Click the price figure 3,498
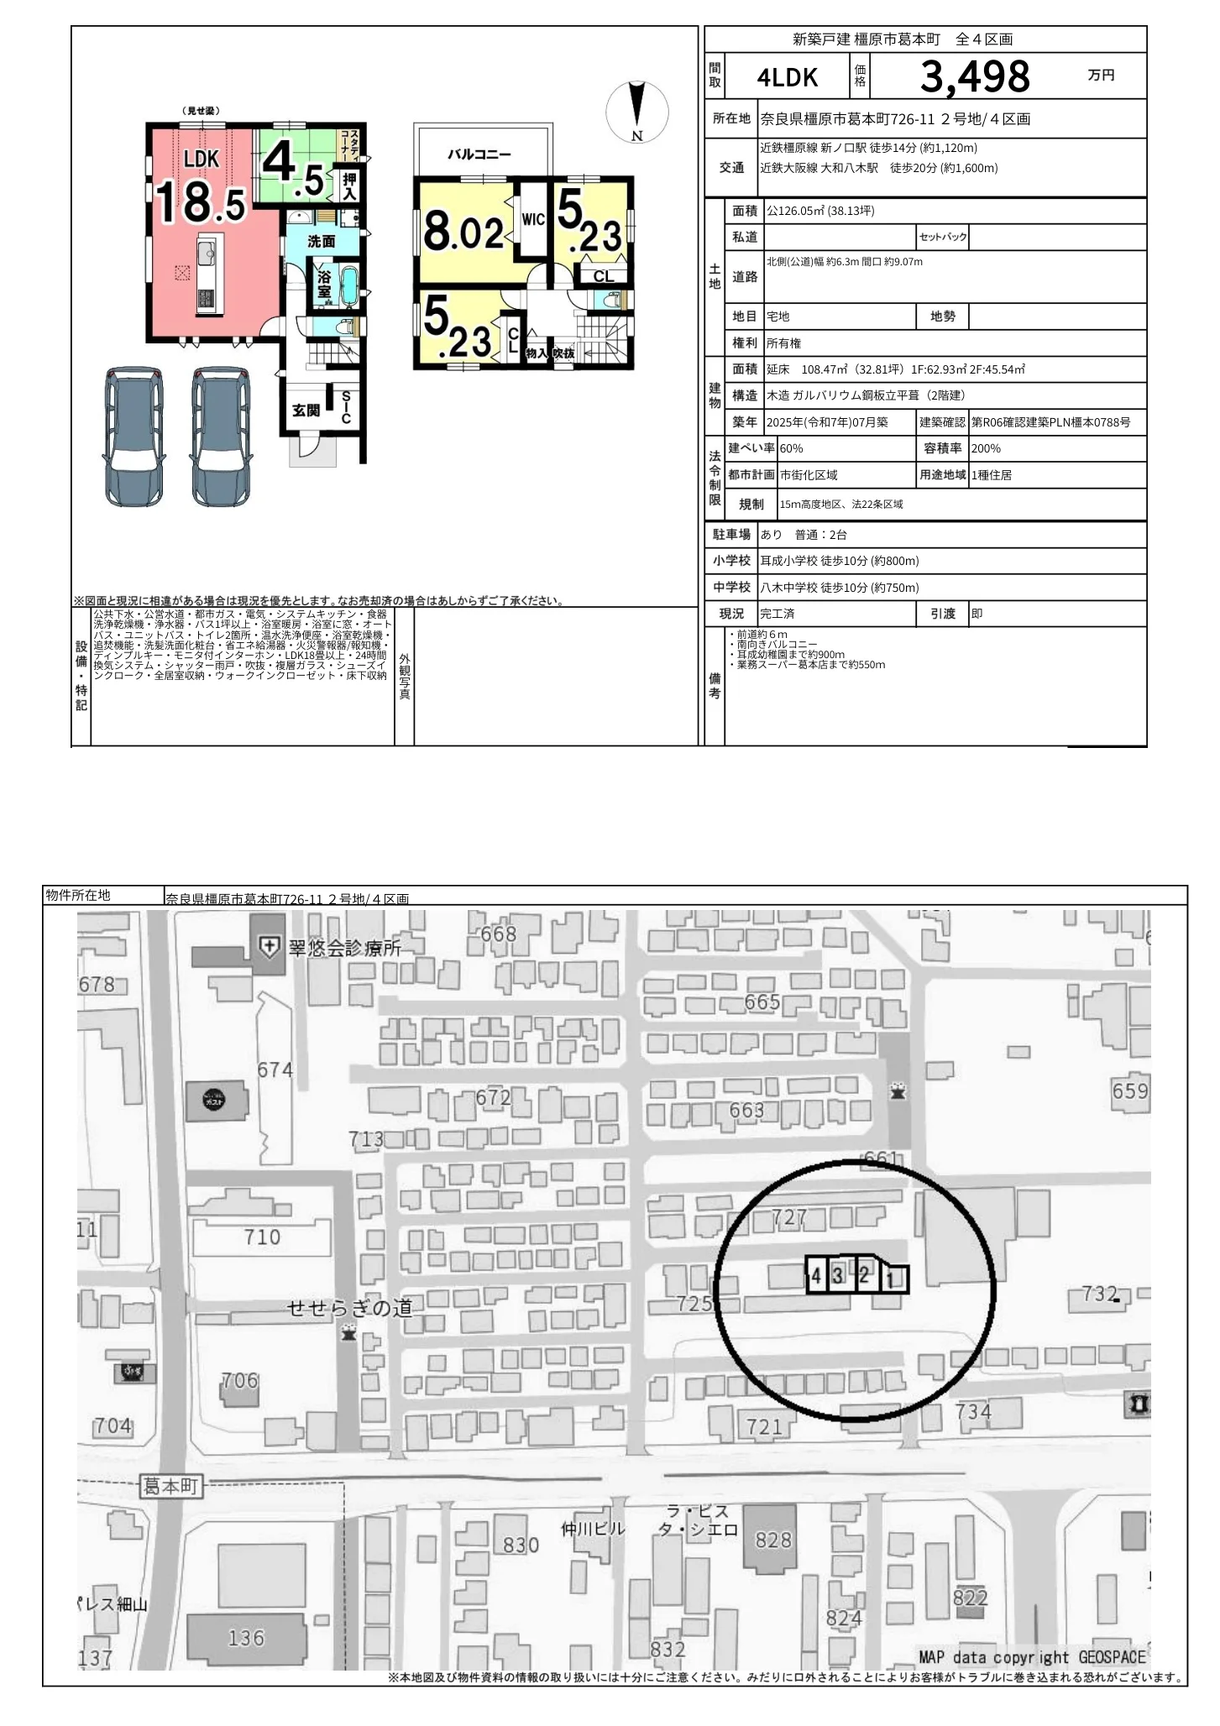[974, 77]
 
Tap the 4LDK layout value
[787, 78]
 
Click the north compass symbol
[637, 112]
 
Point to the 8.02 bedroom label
[463, 232]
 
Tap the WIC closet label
[533, 220]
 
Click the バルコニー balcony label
[479, 154]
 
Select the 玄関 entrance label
[306, 411]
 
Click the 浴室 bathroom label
[324, 284]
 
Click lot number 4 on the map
[816, 1276]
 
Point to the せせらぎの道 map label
[349, 1307]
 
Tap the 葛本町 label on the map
[170, 1485]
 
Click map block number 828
[773, 1540]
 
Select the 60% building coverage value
[791, 449]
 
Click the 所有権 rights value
[784, 343]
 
